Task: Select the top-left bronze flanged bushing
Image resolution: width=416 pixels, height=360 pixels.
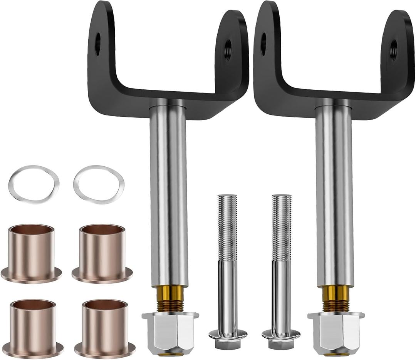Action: [x=31, y=253]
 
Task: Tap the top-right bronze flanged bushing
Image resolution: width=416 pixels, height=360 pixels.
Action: [x=102, y=253]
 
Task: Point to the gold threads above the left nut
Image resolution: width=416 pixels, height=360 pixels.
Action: [x=170, y=299]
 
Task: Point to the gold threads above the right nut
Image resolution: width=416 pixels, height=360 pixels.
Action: [x=335, y=299]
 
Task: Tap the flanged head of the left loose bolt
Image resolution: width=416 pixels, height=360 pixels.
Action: [x=228, y=336]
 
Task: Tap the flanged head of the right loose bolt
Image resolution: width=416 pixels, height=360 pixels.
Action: [x=281, y=336]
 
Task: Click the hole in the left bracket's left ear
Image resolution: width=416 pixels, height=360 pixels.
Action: [x=97, y=44]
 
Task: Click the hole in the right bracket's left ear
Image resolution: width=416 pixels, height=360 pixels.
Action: [x=263, y=44]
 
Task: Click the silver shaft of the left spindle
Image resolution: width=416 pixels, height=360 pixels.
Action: [x=169, y=193]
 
